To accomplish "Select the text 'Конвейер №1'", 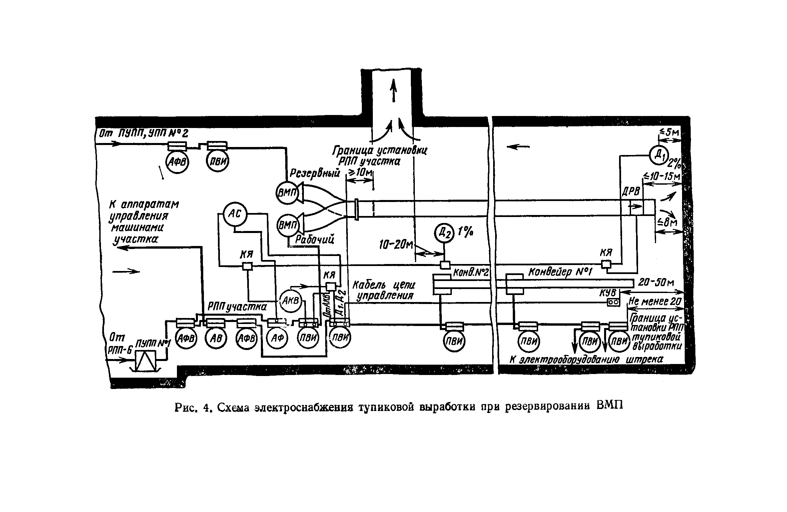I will (x=559, y=272).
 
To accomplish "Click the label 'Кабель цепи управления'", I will (x=383, y=290).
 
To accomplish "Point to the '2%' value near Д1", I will (x=674, y=164).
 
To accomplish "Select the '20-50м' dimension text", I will (x=656, y=283).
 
